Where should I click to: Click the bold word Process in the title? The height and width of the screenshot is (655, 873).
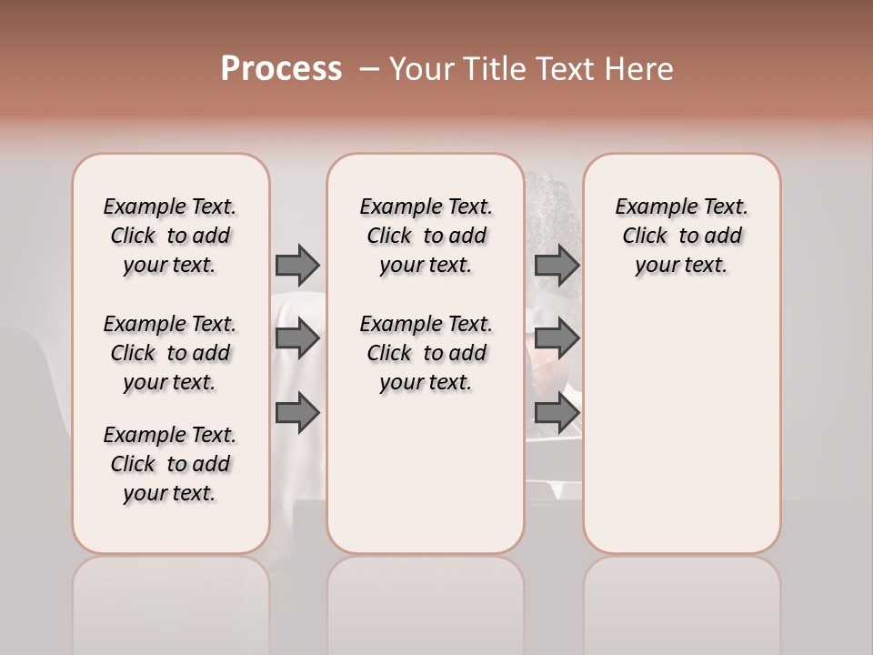[281, 69]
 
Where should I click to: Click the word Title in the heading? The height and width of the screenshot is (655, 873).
[496, 69]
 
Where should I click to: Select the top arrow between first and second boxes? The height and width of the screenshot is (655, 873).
[297, 265]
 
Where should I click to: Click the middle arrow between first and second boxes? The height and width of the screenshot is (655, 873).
[297, 339]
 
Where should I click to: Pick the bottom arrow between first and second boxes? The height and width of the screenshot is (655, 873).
[297, 414]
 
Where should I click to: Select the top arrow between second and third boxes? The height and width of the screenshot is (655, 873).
[557, 265]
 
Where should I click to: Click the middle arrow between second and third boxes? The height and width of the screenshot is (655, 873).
[557, 339]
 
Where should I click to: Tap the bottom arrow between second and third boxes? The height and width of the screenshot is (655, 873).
[557, 414]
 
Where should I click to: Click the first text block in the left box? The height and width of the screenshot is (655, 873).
[170, 236]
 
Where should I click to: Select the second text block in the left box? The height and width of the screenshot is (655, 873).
[170, 353]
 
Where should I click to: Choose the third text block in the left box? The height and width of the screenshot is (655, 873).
[170, 464]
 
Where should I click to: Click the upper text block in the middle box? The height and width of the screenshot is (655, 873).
[426, 236]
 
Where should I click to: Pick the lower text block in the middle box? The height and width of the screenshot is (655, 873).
[426, 353]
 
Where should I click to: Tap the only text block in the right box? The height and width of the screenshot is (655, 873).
[681, 236]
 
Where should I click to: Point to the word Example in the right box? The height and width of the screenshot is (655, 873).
[651, 207]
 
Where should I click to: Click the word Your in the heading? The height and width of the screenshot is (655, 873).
[420, 69]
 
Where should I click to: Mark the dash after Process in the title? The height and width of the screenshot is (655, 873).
[368, 69]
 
